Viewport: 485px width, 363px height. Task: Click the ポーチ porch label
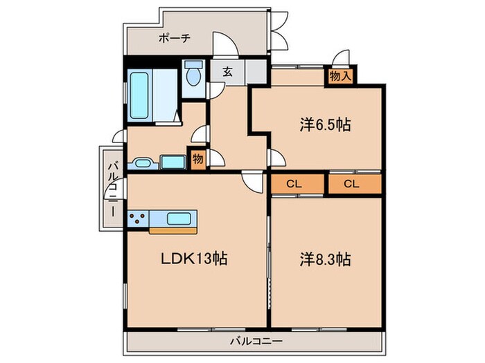pyautogui.click(x=174, y=38)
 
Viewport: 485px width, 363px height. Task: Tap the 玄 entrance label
pyautogui.click(x=228, y=72)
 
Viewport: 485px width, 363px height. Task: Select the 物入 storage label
pyautogui.click(x=340, y=76)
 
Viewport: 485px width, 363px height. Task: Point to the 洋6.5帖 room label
pyautogui.click(x=325, y=125)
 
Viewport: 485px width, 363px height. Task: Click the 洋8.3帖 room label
pyautogui.click(x=325, y=259)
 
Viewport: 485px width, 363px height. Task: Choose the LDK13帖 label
pyautogui.click(x=194, y=259)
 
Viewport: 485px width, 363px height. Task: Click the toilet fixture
pyautogui.click(x=193, y=73)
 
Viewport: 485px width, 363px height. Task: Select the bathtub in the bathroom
pyautogui.click(x=139, y=95)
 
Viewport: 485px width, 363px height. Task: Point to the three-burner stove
pyautogui.click(x=138, y=218)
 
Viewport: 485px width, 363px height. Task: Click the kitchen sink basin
pyautogui.click(x=179, y=219)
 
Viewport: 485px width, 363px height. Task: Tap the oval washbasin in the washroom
pyautogui.click(x=143, y=163)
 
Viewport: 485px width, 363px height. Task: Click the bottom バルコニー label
pyautogui.click(x=256, y=342)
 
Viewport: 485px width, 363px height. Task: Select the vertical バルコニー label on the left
pyautogui.click(x=113, y=189)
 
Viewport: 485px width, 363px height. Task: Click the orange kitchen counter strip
pyautogui.click(x=173, y=231)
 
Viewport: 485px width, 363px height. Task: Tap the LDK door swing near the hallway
pyautogui.click(x=253, y=183)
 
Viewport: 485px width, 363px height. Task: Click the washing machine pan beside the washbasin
pyautogui.click(x=173, y=162)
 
